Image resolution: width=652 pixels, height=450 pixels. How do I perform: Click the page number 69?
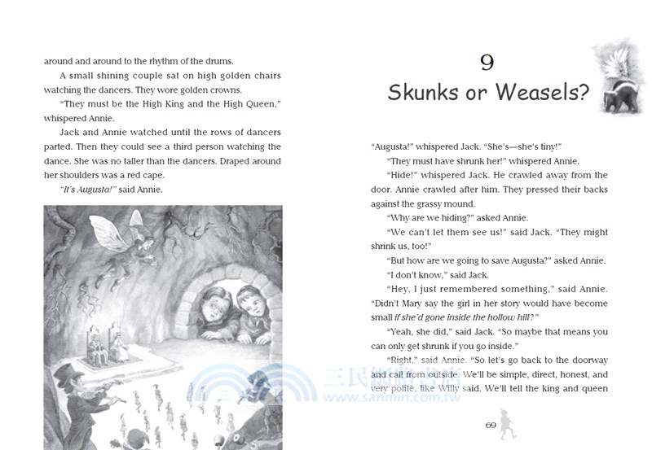point(491,425)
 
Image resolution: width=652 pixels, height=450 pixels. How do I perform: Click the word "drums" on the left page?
point(218,61)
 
